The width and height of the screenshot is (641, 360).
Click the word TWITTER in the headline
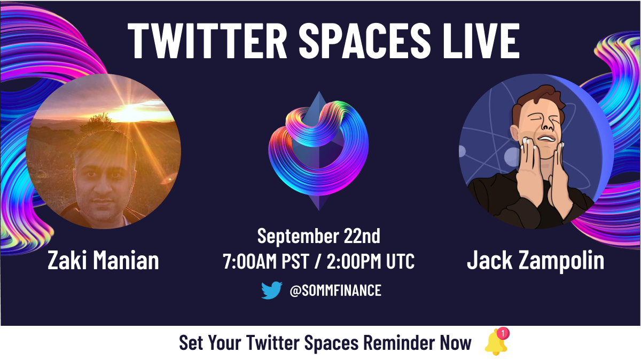tap(207, 41)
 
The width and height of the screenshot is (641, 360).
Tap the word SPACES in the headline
tap(365, 41)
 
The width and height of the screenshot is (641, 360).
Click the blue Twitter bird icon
tap(271, 290)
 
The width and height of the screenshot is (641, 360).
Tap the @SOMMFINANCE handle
tap(335, 291)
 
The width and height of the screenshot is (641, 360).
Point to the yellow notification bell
tap(496, 343)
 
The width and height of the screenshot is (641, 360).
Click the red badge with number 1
tap(503, 333)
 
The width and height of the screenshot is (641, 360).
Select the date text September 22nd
tap(319, 236)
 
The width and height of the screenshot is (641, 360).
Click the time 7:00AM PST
tap(266, 261)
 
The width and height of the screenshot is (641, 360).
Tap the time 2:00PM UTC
tap(371, 261)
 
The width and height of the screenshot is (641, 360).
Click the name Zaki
tap(67, 260)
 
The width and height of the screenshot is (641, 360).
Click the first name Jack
tap(490, 260)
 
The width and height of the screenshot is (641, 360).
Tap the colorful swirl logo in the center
tap(318, 150)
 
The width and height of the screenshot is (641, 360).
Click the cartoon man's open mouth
tap(547, 139)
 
